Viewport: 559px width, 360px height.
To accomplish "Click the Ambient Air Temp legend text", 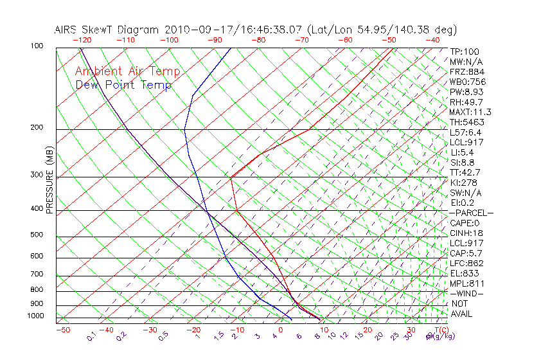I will [127, 71].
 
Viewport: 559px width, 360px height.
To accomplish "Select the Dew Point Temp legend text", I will [123, 85].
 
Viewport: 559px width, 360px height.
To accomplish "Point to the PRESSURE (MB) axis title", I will [49, 180].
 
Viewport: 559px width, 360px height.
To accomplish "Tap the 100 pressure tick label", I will [37, 46].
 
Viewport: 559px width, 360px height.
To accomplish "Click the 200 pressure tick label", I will [37, 127].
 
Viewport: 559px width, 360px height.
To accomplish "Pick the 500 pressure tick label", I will [37, 235].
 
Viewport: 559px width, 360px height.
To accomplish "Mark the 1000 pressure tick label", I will [35, 316].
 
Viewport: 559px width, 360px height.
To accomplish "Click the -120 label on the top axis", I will [82, 40].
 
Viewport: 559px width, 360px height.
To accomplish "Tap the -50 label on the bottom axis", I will [62, 330].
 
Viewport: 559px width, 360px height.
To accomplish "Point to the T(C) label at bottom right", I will [441, 330].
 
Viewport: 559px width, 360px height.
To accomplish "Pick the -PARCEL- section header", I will [471, 213].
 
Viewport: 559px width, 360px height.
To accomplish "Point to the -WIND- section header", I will [467, 293].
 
